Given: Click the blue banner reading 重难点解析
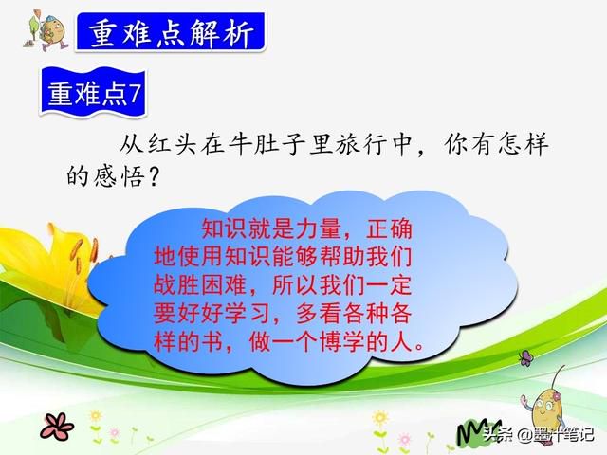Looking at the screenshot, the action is (171, 32).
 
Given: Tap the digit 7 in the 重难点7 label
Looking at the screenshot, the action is (135, 93).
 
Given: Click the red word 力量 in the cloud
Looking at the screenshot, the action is (319, 229).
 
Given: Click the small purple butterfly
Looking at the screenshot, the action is (525, 358).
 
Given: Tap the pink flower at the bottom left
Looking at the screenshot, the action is (57, 426).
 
